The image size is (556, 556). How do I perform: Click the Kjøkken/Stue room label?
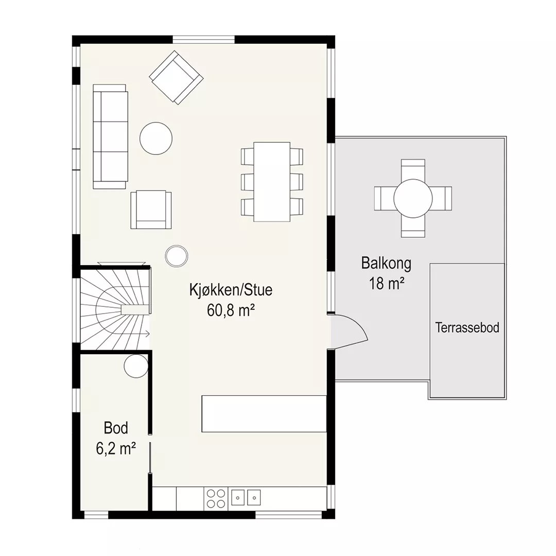pos(231,290)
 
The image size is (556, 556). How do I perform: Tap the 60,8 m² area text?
pos(231,310)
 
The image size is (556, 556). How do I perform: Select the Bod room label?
pos(116,428)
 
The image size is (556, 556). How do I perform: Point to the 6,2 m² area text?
pos(116,448)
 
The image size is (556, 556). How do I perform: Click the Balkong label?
pos(386,264)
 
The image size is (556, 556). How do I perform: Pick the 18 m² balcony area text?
pos(387,284)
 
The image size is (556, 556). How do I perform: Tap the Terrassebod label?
pos(467,327)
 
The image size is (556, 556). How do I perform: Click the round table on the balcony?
pos(413,198)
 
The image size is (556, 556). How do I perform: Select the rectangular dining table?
pos(272,182)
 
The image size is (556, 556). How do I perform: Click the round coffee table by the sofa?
pos(156,138)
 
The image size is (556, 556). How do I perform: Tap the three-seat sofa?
pos(110,136)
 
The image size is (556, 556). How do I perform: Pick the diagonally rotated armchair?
pos(176,77)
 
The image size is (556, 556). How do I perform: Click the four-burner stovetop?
pos(216,499)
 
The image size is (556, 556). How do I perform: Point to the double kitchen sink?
pos(246,497)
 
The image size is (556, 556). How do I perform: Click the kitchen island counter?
pos(264,414)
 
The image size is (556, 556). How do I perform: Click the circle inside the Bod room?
pos(136,367)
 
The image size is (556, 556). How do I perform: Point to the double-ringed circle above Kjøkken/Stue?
pos(177,256)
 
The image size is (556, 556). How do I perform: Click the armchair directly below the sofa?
pos(151,210)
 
